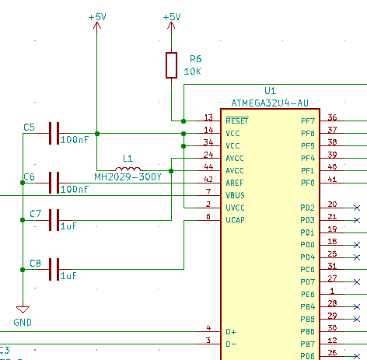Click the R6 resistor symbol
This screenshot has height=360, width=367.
tap(171, 65)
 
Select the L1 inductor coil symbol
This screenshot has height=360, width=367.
tap(128, 169)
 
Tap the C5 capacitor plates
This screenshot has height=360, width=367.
tap(54, 133)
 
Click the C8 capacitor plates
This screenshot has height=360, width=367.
tap(54, 269)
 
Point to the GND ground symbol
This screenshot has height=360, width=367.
tap(23, 309)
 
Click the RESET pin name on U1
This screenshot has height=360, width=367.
tap(237, 121)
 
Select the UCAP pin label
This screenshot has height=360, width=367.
tap(235, 220)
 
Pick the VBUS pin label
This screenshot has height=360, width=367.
tap(235, 195)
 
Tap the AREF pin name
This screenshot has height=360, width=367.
tap(235, 183)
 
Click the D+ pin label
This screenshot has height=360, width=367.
tap(231, 332)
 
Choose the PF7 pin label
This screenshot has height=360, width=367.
tap(308, 121)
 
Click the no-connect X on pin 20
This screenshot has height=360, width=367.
tap(357, 208)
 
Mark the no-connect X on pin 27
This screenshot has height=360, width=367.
tap(357, 282)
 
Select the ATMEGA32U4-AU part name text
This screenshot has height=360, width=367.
tap(270, 103)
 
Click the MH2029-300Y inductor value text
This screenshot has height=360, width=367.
tap(128, 177)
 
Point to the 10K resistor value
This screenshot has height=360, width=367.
tap(192, 72)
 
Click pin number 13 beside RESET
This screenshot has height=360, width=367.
tap(208, 117)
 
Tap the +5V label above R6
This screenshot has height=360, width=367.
tap(172, 17)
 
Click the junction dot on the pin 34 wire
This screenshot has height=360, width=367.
tap(183, 146)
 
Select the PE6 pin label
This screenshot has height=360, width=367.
tap(308, 295)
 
